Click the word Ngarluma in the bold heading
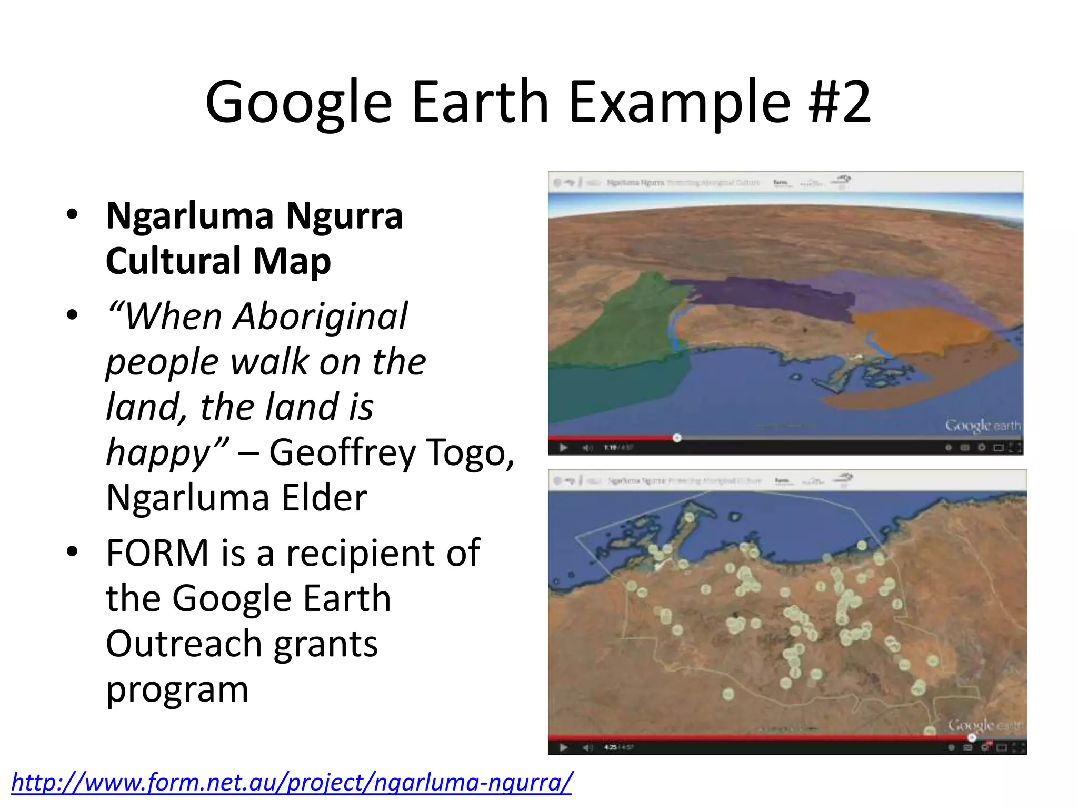[190, 217]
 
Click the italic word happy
[158, 453]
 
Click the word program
[177, 690]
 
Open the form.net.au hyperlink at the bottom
[291, 783]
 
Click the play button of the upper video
[563, 448]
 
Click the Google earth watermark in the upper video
[982, 426]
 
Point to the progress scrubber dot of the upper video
[677, 438]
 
